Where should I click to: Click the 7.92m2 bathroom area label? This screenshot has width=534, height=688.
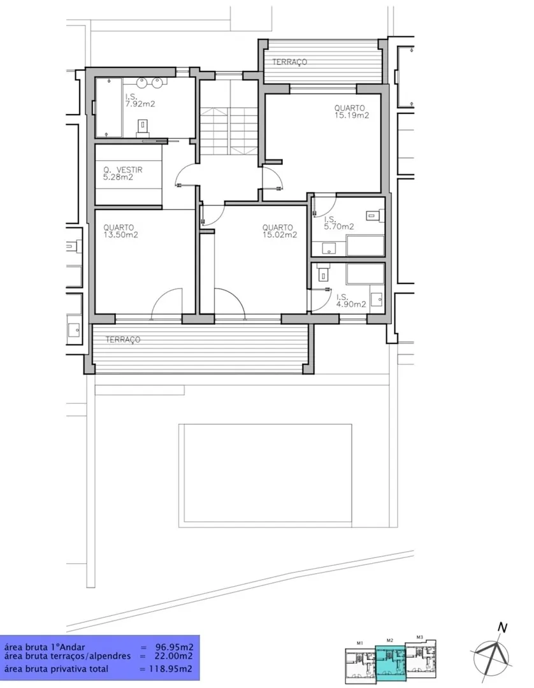click(x=140, y=104)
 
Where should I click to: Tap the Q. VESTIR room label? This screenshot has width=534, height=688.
click(x=123, y=170)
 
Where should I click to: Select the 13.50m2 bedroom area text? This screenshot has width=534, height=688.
click(x=120, y=234)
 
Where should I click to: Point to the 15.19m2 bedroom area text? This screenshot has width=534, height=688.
click(x=352, y=115)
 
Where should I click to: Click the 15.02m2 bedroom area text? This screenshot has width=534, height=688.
click(x=280, y=234)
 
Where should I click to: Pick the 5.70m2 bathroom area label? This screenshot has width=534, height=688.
click(x=339, y=227)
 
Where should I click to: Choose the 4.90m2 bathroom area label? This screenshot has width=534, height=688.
click(x=351, y=304)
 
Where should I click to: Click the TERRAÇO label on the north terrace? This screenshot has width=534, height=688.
click(x=289, y=62)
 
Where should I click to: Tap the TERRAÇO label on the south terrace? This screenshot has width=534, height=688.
click(x=123, y=340)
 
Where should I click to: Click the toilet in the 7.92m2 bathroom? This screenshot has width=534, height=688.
click(x=143, y=127)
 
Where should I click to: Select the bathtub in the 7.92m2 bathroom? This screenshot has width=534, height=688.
click(x=108, y=108)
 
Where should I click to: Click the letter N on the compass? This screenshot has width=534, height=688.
click(x=502, y=628)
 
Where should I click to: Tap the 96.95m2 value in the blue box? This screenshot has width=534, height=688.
click(x=174, y=647)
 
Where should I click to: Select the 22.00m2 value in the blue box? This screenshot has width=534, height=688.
click(x=174, y=656)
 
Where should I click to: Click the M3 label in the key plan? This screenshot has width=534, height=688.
click(x=419, y=637)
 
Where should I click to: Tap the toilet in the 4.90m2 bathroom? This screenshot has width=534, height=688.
click(x=324, y=272)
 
